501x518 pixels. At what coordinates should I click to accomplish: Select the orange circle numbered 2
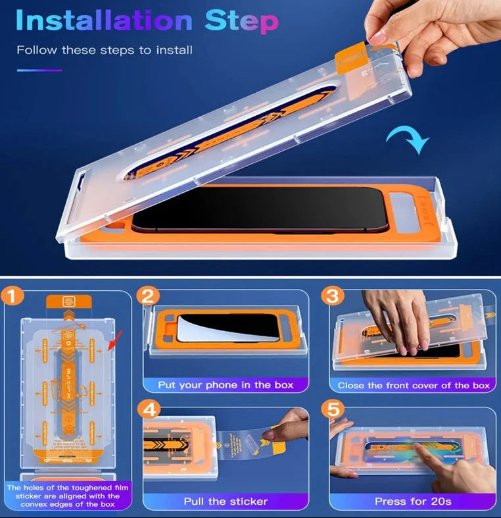149,296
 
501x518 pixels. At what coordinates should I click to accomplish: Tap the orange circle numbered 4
149,410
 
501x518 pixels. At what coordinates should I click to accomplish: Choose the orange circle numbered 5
333,410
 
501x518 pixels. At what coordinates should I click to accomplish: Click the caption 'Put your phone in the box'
226,384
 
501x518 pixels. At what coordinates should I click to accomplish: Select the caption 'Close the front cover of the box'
414,385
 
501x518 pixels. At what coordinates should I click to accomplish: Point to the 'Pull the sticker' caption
226,502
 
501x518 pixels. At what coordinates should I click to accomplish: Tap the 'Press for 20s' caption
413,502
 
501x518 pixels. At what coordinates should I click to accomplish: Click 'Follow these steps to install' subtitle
105,50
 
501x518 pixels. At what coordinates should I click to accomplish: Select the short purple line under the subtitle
39,70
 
